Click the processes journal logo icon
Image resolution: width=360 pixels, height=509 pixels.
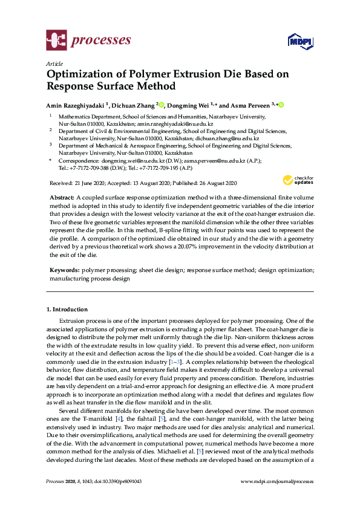pyautogui.click(x=56, y=41)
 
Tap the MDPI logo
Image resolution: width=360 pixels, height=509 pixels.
pyautogui.click(x=299, y=41)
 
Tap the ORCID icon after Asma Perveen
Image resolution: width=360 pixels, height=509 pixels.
pyautogui.click(x=281, y=104)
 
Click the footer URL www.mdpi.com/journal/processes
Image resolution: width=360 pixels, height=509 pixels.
pyautogui.click(x=277, y=481)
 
